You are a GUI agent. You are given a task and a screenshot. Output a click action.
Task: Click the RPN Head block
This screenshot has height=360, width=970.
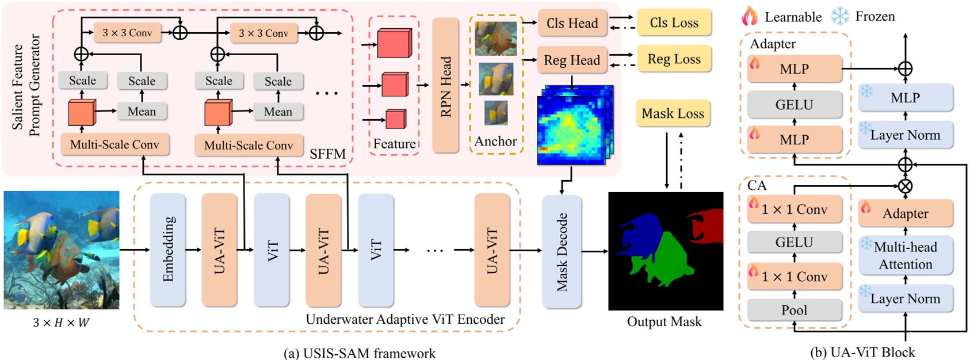point(445,85)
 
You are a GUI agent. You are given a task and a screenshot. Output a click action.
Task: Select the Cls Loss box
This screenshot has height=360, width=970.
point(674,23)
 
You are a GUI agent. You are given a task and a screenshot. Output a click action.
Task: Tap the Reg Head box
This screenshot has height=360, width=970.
point(572,60)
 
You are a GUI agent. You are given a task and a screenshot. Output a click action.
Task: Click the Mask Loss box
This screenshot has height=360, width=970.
point(673,114)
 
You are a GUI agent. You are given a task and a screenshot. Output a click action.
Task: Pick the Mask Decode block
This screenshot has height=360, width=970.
point(562,251)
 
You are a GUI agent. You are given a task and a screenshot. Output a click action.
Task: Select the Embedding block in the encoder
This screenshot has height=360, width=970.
point(168,250)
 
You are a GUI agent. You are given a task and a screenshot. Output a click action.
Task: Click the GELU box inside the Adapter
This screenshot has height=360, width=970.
point(794,105)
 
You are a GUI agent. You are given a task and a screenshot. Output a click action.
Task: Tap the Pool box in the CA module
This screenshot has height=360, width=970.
point(794,311)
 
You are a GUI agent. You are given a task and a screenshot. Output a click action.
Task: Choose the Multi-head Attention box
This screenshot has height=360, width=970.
point(905,255)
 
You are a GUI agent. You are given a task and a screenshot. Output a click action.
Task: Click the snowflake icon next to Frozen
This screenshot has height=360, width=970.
point(840,16)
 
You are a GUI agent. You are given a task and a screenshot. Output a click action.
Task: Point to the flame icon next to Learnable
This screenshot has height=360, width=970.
point(749,16)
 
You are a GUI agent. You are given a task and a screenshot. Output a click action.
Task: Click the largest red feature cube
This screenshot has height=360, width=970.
point(394,44)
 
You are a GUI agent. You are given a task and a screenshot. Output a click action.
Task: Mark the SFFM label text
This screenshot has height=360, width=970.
point(327,154)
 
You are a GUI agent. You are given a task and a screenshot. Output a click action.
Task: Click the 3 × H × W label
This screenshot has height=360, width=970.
point(61,323)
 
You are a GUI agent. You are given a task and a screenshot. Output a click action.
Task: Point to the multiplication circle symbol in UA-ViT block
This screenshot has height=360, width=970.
point(905,186)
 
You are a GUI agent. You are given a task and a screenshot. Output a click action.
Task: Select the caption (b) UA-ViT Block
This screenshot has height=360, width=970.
point(862,353)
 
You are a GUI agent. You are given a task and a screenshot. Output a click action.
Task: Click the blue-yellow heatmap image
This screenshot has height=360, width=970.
point(573,127)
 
